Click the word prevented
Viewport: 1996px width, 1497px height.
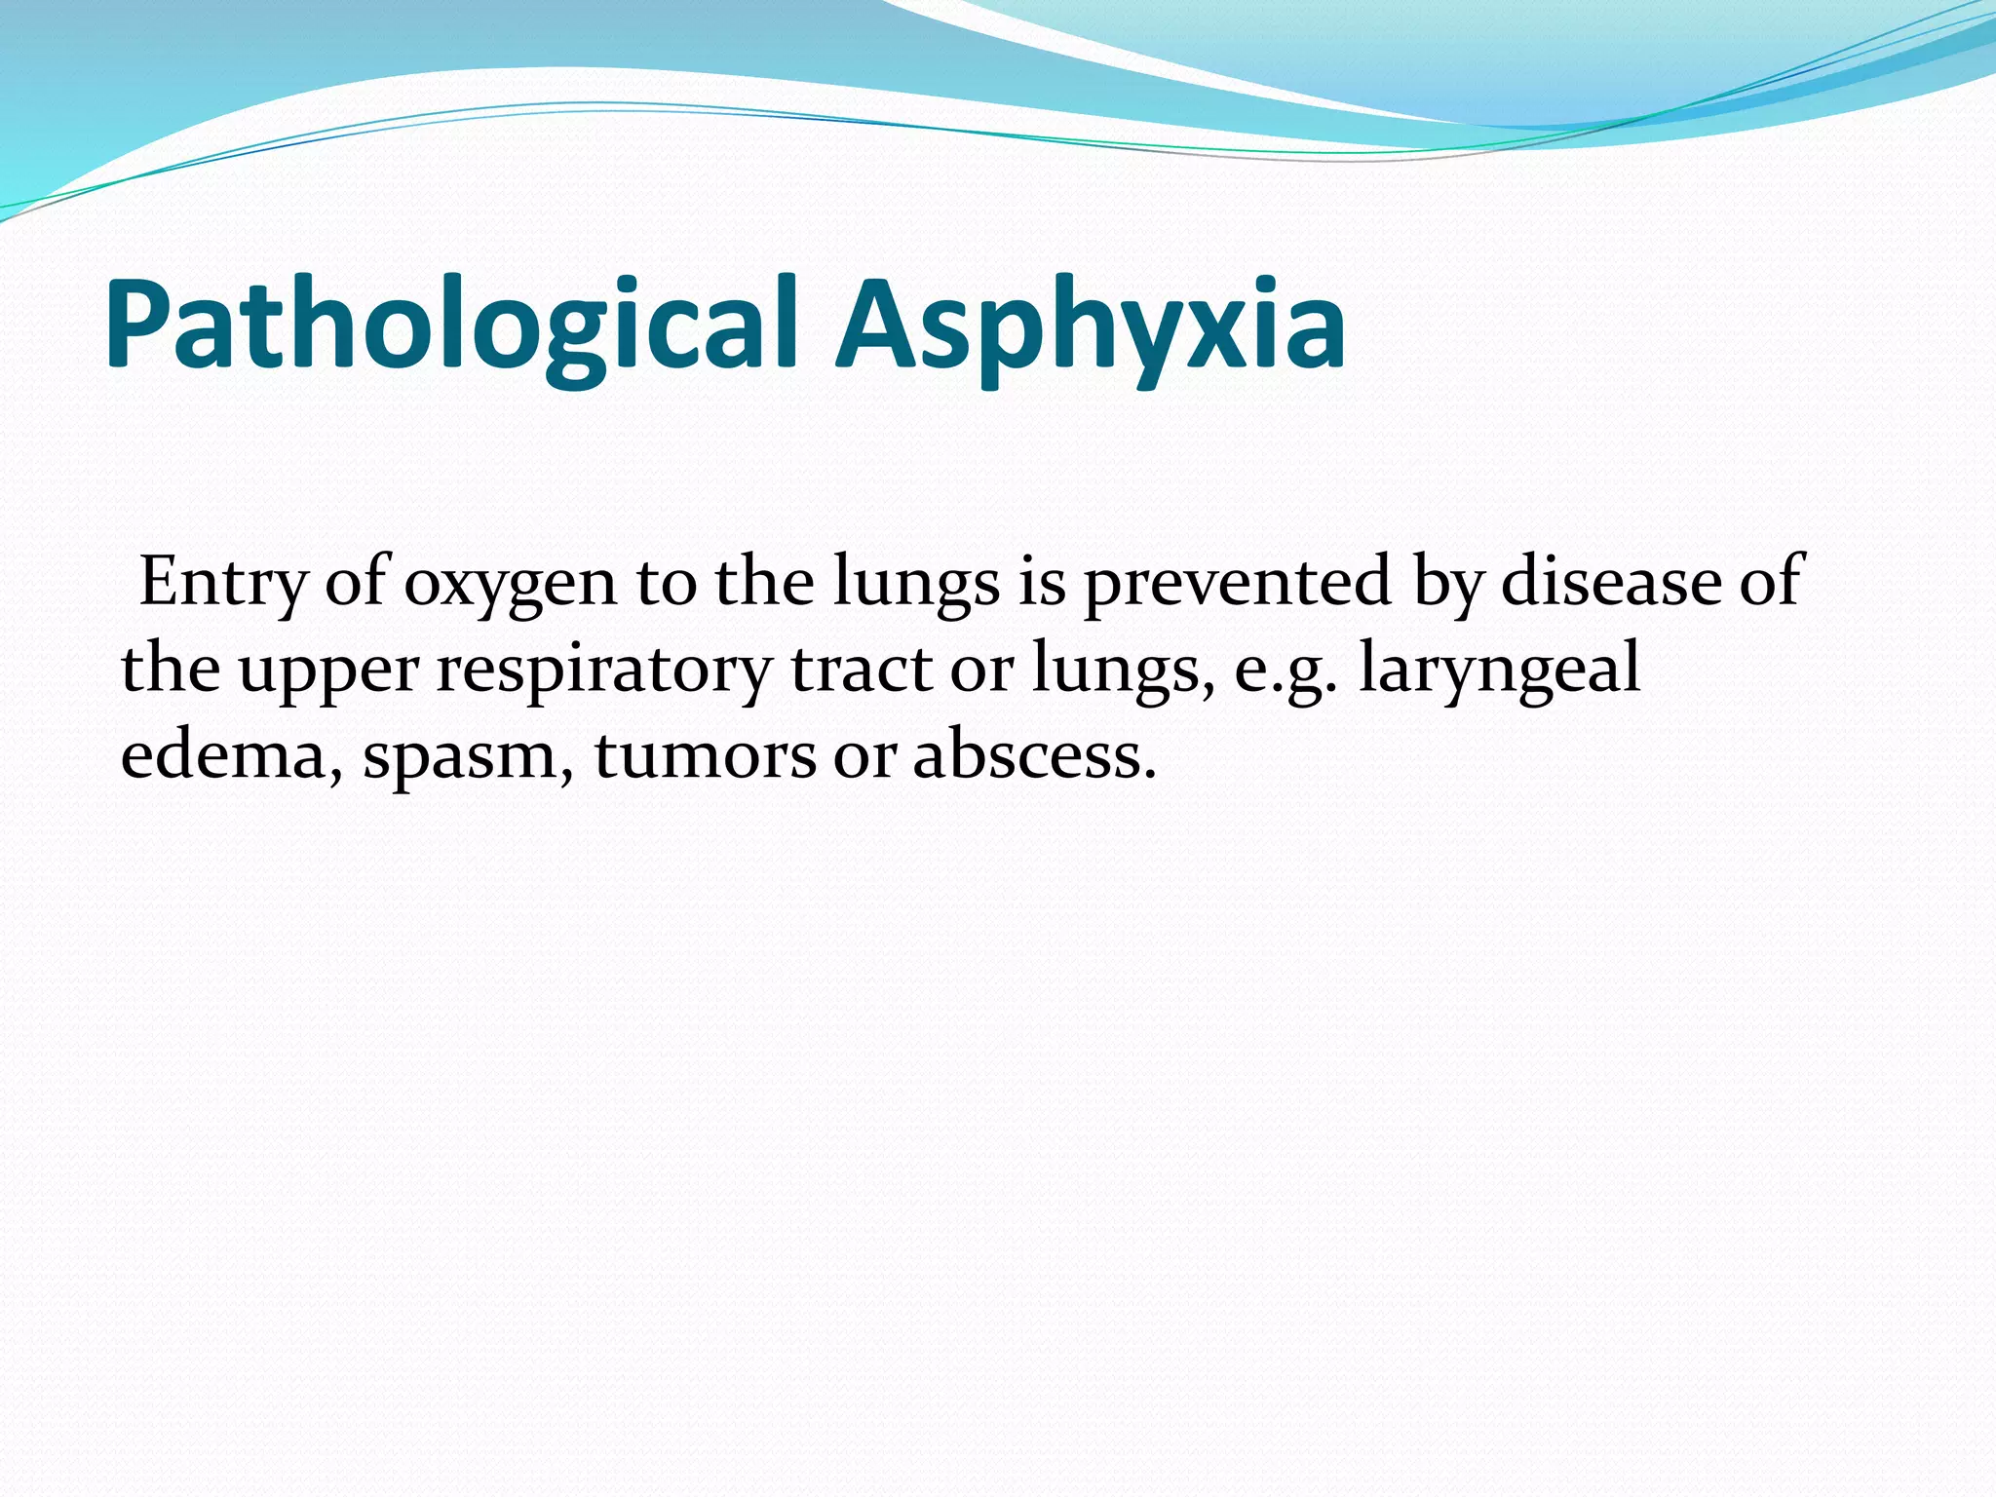tap(1238, 583)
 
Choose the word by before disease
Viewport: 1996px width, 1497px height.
tap(1447, 583)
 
